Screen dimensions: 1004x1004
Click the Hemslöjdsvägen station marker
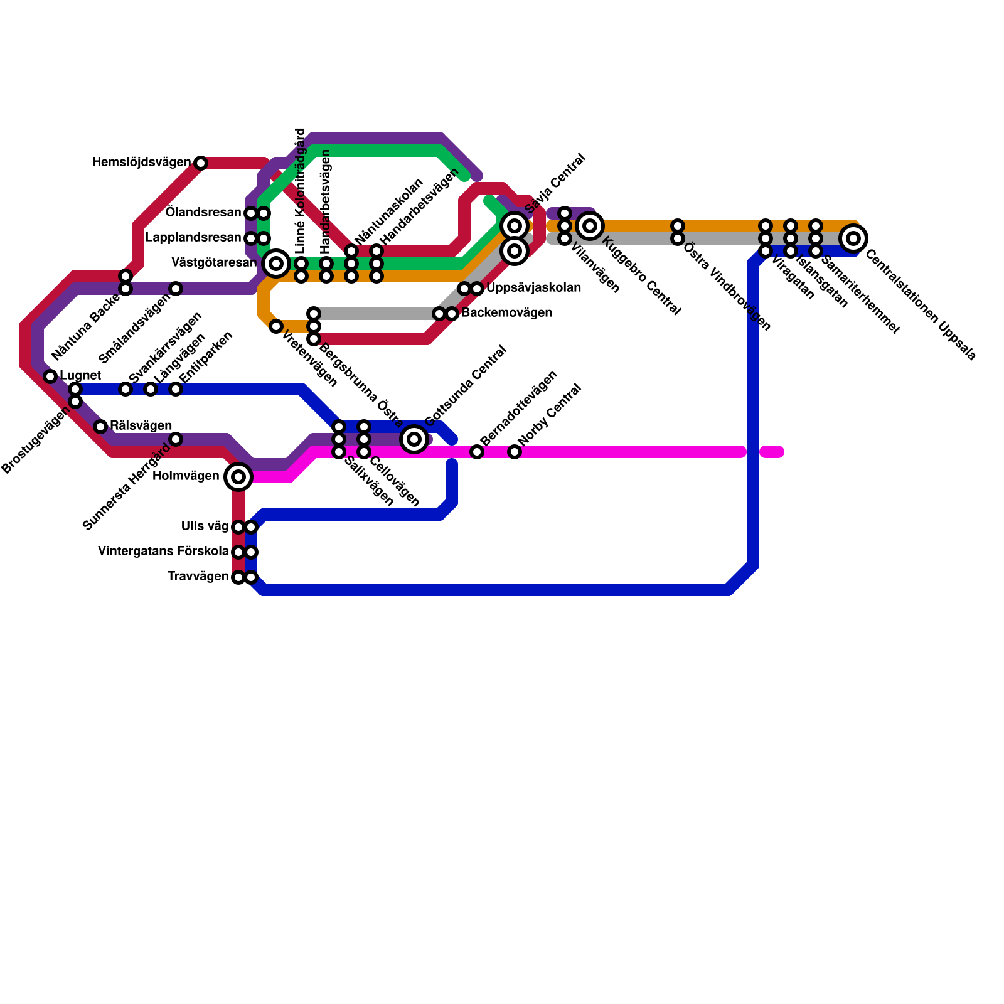(x=201, y=163)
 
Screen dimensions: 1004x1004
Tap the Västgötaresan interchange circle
(x=276, y=264)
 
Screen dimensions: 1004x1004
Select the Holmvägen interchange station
(x=238, y=477)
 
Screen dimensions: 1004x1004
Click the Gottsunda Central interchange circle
(x=414, y=439)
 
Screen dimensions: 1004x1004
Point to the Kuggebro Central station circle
(x=590, y=226)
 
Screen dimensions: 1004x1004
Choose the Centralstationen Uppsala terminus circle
(x=853, y=238)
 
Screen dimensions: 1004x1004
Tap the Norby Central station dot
(x=515, y=452)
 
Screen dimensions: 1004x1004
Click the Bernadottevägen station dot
(x=477, y=452)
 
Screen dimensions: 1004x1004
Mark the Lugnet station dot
(x=50, y=376)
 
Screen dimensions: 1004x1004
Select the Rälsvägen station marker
(x=100, y=427)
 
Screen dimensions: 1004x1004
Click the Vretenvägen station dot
(x=276, y=326)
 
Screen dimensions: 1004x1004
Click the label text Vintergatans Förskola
(x=163, y=552)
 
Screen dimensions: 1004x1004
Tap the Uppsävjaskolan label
(x=533, y=289)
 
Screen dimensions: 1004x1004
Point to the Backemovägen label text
(x=506, y=313)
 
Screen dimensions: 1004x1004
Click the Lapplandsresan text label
(x=193, y=238)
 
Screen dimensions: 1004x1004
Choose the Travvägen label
(x=198, y=577)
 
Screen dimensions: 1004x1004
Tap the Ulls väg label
(x=205, y=526)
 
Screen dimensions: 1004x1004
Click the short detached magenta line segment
(x=772, y=452)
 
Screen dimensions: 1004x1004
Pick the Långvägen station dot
(x=151, y=389)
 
